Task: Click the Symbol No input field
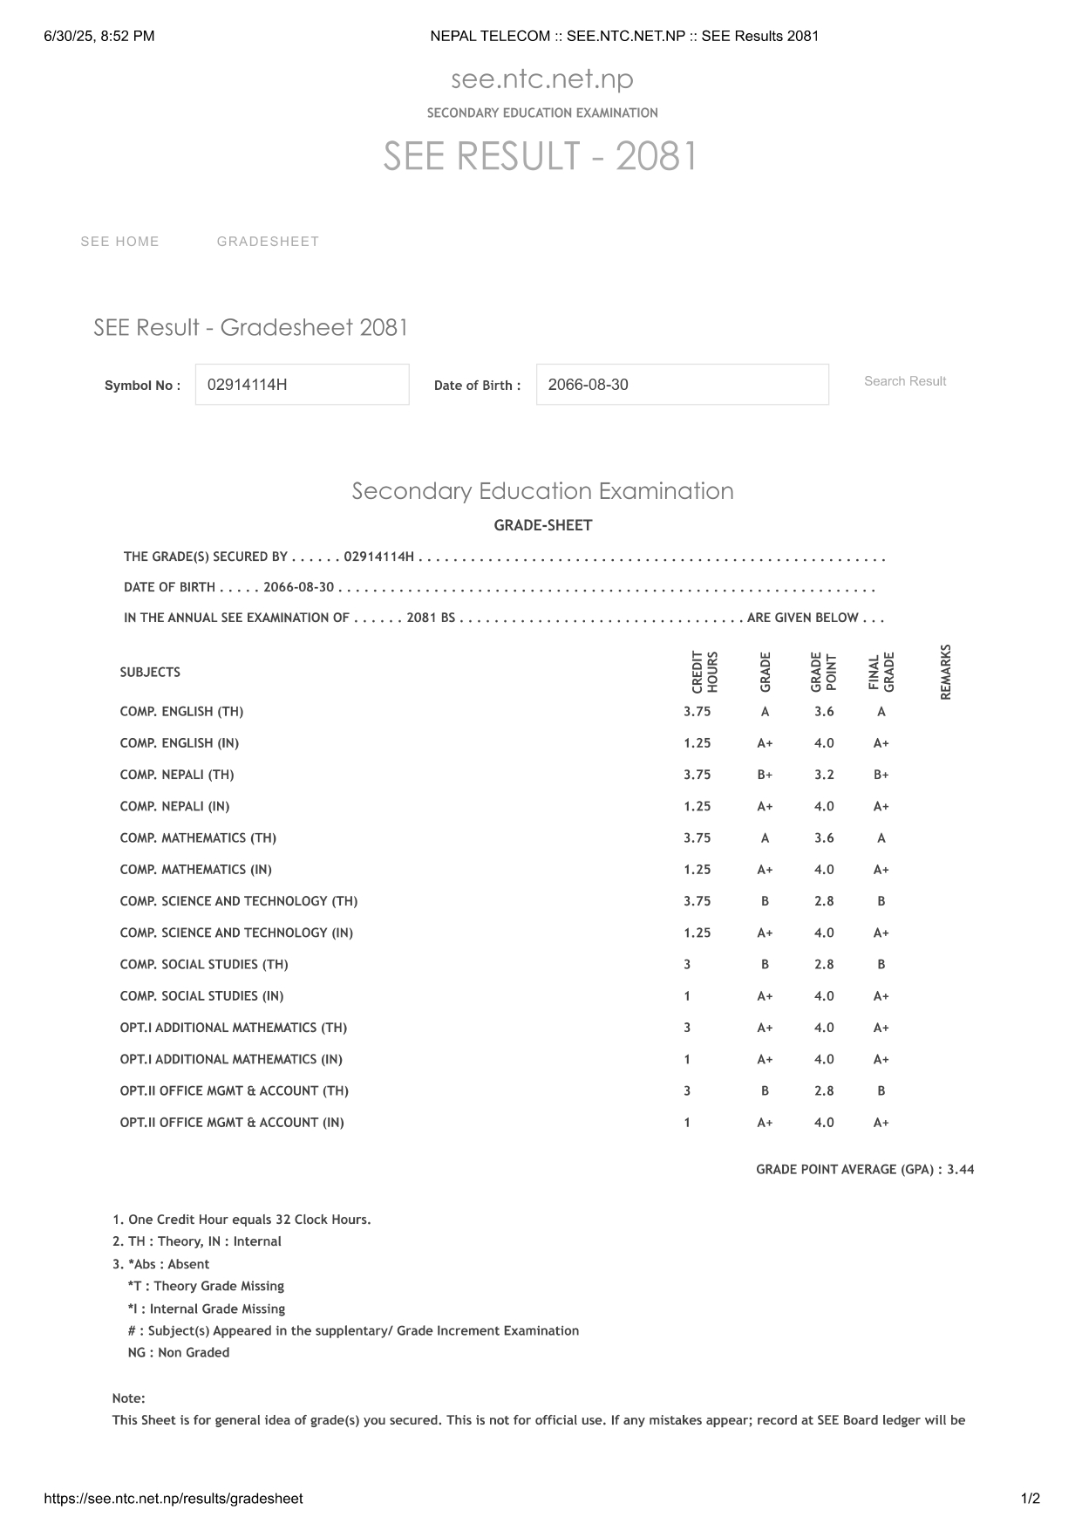tap(302, 385)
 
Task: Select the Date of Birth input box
tap(682, 385)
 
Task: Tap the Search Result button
tap(904, 381)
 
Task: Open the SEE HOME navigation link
tap(120, 242)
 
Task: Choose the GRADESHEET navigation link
tap(268, 242)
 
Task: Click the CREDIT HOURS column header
tap(704, 672)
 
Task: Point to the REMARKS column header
tap(946, 672)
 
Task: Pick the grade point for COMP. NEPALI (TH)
tap(824, 775)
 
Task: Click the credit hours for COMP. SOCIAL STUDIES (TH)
tap(687, 964)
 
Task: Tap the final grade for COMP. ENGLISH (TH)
tap(881, 712)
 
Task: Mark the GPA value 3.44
tap(960, 1169)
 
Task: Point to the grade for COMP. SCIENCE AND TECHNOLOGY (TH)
tap(765, 901)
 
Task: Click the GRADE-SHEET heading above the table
tap(542, 525)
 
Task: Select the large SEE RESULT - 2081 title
tap(541, 157)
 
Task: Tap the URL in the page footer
tap(174, 1499)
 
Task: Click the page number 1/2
tap(1030, 1499)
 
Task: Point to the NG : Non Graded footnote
tap(179, 1352)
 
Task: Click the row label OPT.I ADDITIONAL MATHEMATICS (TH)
tap(234, 1028)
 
